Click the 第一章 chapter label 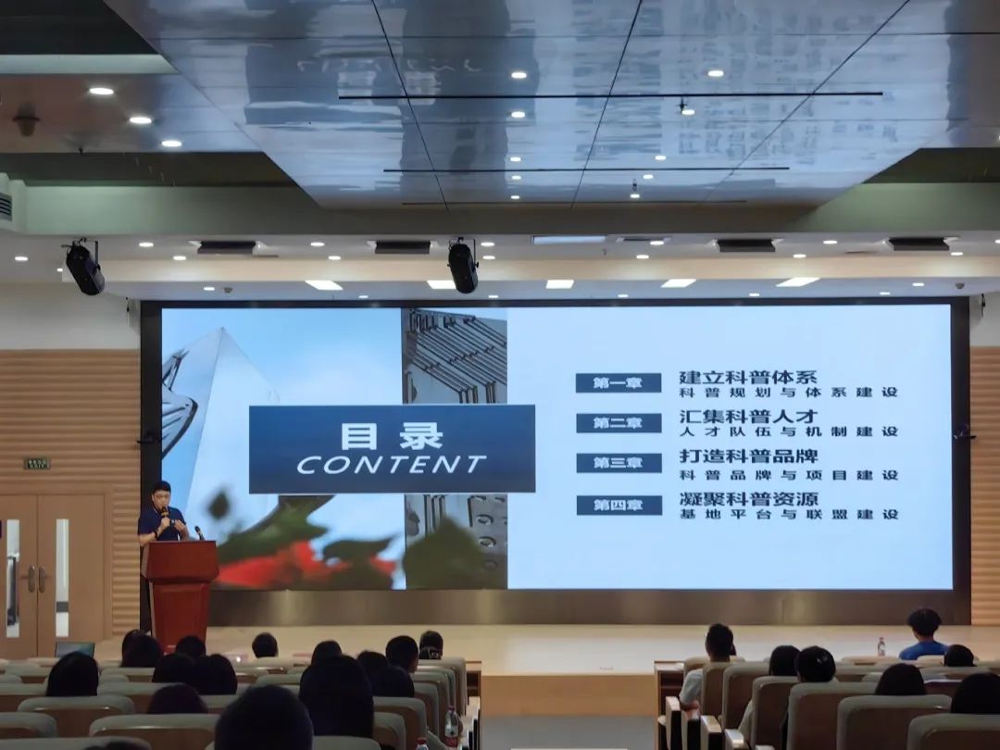[618, 382]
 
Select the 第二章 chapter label [618, 423]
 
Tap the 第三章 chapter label [618, 463]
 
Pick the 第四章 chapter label [618, 505]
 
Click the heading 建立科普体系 [748, 377]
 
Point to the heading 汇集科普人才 [748, 416]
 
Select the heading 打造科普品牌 [748, 456]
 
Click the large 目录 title [392, 435]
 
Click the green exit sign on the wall [37, 463]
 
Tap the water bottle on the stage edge [881, 646]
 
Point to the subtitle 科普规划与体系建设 [788, 393]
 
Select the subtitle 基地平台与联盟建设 [788, 514]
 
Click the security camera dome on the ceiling [26, 119]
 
